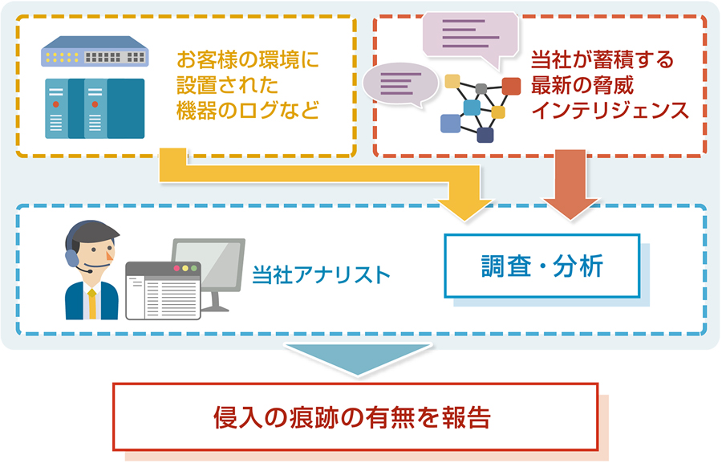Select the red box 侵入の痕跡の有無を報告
pyautogui.click(x=355, y=415)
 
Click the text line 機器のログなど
pyautogui.click(x=247, y=111)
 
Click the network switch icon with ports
pyautogui.click(x=95, y=55)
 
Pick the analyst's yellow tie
pyautogui.click(x=92, y=303)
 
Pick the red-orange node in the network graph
pyautogui.click(x=511, y=85)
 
